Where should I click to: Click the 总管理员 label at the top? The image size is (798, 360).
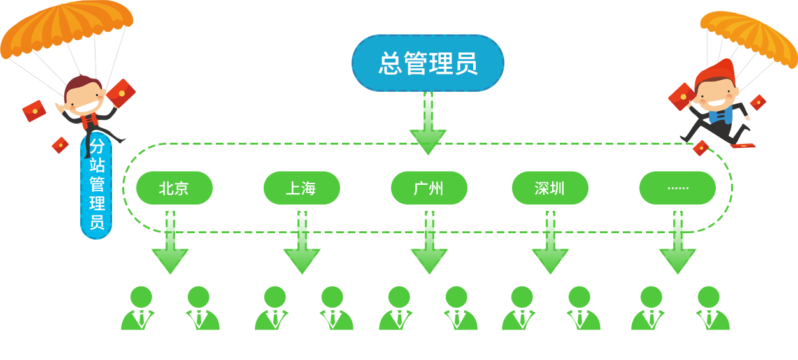pyautogui.click(x=428, y=63)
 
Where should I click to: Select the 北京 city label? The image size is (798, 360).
pyautogui.click(x=174, y=189)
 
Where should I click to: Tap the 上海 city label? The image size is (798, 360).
pyautogui.click(x=301, y=189)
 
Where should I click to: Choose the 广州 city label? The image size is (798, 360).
pyautogui.click(x=429, y=189)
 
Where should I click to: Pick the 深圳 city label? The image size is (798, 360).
pyautogui.click(x=550, y=189)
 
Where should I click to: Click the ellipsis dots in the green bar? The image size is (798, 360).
pyautogui.click(x=678, y=189)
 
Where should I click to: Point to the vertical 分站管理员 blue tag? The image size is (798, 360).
pyautogui.click(x=96, y=185)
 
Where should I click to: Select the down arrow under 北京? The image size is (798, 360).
pyautogui.click(x=167, y=254)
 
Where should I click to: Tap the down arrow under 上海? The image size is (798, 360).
pyautogui.click(x=300, y=254)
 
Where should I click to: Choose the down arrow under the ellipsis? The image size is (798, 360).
pyautogui.click(x=676, y=254)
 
